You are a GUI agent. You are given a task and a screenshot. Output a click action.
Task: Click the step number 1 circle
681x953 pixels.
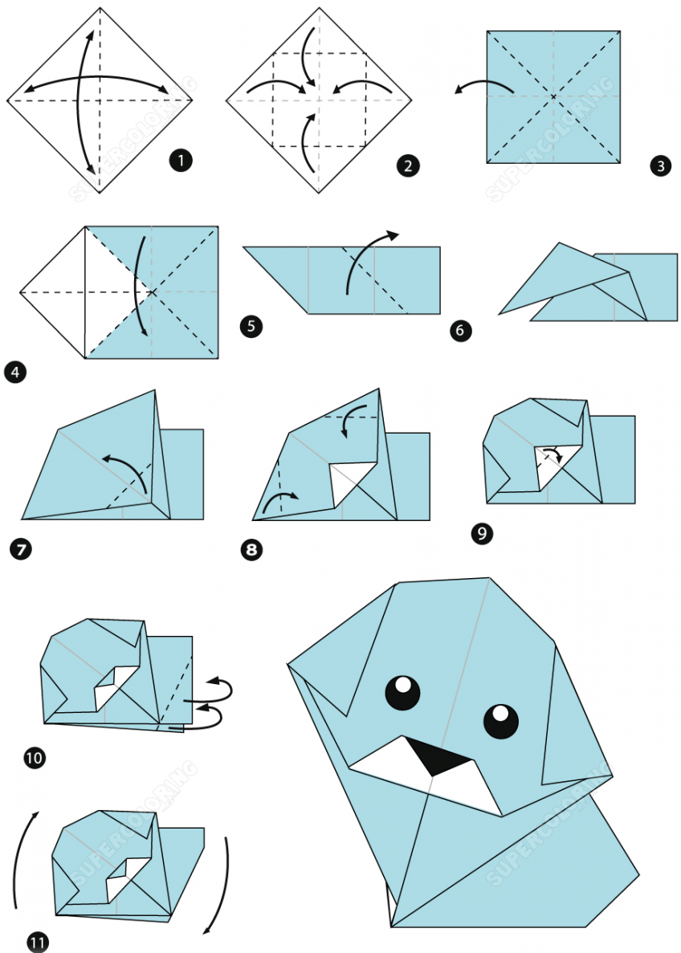point(181,161)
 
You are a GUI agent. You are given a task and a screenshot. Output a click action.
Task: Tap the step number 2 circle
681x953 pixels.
point(408,165)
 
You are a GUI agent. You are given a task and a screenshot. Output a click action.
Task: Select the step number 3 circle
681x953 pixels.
point(660,165)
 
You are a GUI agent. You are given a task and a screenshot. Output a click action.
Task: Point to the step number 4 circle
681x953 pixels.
point(15,372)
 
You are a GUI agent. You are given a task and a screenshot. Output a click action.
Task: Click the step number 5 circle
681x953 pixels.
point(251,327)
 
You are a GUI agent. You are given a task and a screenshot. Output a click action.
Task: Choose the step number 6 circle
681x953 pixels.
point(460,330)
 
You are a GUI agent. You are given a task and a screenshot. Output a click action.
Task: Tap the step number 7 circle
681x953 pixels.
point(21,550)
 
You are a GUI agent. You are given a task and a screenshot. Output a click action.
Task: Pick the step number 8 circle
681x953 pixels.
point(251,550)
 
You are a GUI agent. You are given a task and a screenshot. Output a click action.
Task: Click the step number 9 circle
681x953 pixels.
point(482,534)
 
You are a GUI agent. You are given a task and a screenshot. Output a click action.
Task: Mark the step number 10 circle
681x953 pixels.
point(35,758)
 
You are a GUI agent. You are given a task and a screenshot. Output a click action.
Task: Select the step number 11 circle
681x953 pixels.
point(38,943)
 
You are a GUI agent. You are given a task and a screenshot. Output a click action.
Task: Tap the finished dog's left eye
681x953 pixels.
point(402,691)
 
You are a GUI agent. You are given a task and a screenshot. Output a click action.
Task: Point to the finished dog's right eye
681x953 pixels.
point(501,721)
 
